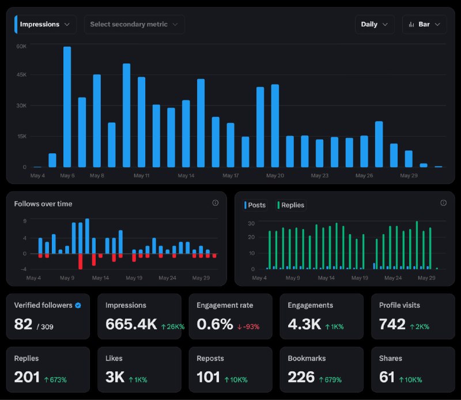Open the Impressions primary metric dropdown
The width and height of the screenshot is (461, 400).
[x=46, y=24]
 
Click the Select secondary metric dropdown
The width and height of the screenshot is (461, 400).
[x=134, y=24]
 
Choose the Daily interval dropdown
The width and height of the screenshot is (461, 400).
[x=374, y=24]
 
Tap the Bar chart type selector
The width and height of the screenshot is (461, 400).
[x=424, y=24]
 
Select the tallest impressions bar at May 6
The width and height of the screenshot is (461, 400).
[x=67, y=107]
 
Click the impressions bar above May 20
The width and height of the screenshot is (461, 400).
[x=275, y=126]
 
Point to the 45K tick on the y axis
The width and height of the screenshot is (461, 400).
[x=21, y=75]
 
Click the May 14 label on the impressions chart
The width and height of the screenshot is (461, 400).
[x=186, y=176]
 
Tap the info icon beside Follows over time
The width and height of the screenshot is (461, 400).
[x=215, y=203]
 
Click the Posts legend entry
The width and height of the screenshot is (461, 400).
[x=255, y=205]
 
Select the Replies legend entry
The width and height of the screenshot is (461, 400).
[x=291, y=205]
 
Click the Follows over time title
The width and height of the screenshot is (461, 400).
[x=43, y=204]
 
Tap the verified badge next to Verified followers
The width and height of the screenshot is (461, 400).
[x=78, y=305]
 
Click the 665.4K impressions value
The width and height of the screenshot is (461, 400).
[x=131, y=324]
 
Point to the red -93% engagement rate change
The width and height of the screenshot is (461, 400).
[x=248, y=327]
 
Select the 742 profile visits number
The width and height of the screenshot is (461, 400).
[x=392, y=324]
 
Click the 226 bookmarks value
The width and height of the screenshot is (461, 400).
[x=301, y=377]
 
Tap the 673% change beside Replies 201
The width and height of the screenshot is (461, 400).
[x=55, y=380]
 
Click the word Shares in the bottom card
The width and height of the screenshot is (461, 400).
[x=391, y=359]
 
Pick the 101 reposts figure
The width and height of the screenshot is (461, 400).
[x=208, y=377]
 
